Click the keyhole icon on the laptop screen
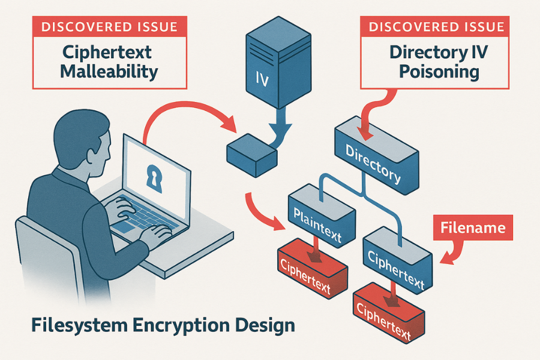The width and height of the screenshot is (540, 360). [154, 176]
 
